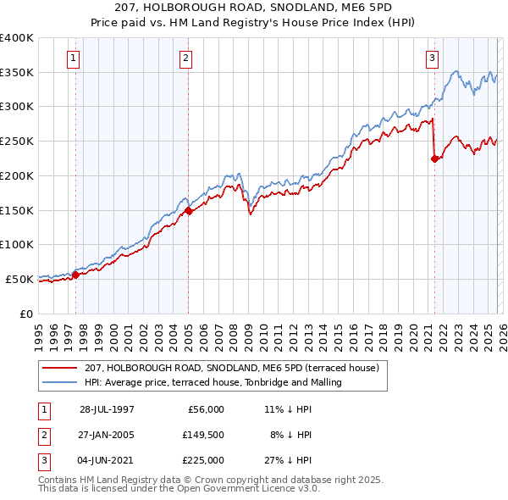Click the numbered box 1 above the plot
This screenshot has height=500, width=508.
[x=75, y=58]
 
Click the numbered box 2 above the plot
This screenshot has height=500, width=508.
[x=185, y=58]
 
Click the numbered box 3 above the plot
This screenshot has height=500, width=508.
[x=432, y=58]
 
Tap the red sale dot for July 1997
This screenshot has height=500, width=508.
[x=75, y=275]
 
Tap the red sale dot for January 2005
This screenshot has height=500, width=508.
[x=188, y=211]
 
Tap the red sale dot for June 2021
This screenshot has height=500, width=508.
[x=435, y=158]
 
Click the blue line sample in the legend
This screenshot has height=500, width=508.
[x=61, y=382]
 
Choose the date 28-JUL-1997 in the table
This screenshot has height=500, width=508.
[x=107, y=408]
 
